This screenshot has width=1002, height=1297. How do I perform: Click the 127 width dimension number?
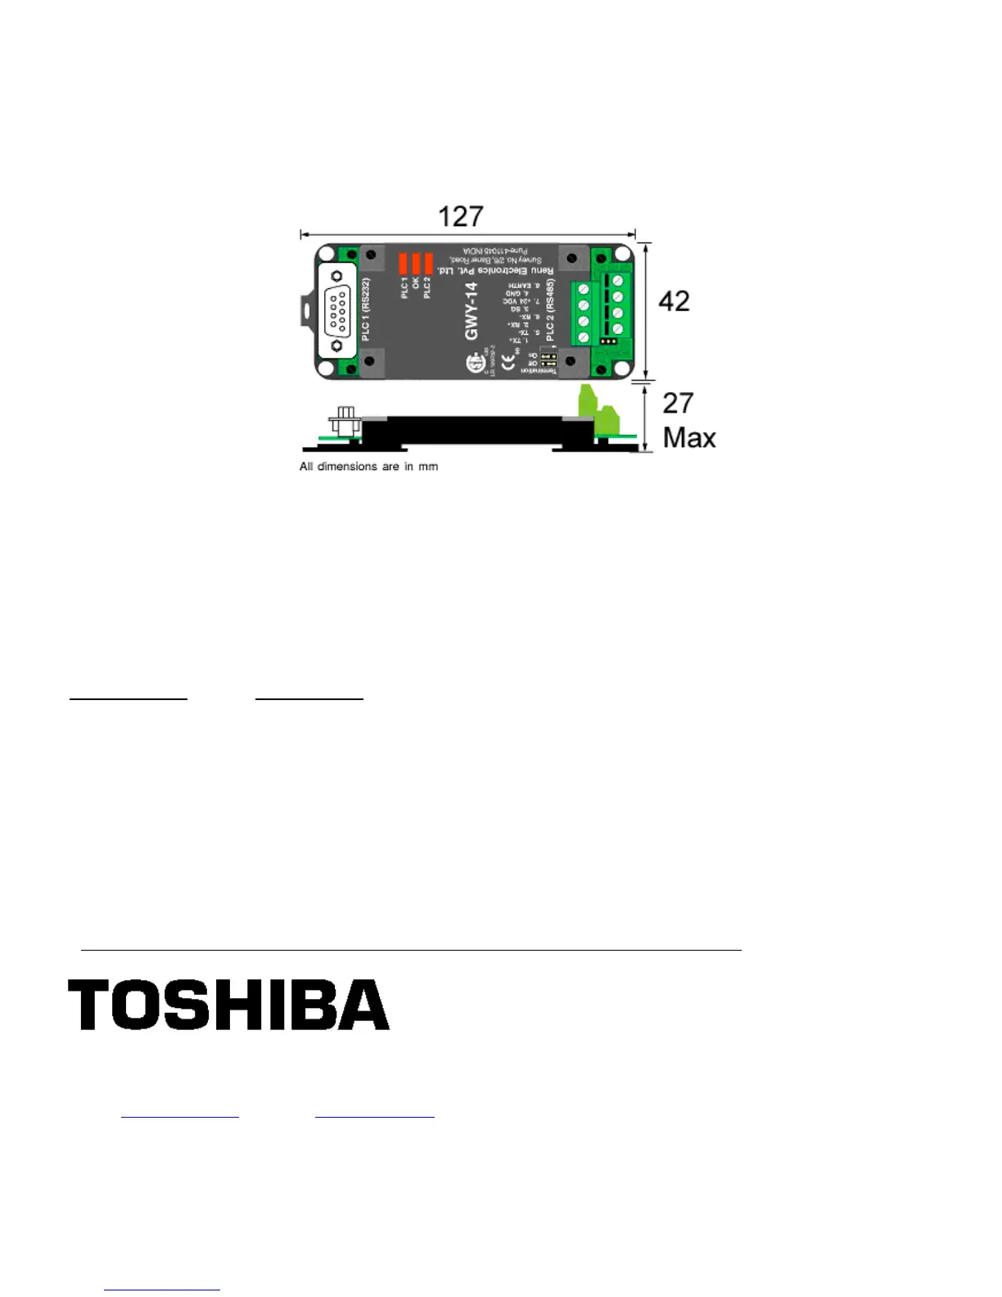(x=461, y=216)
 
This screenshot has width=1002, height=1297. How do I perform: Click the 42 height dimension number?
(x=674, y=301)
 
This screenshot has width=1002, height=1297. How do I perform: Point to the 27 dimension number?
(x=678, y=403)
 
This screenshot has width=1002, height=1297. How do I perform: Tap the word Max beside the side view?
(x=689, y=438)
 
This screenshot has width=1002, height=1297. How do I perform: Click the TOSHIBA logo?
(x=228, y=1005)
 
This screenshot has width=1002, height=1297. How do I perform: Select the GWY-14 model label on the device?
(x=472, y=311)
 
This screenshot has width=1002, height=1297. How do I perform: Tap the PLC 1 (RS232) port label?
(x=366, y=310)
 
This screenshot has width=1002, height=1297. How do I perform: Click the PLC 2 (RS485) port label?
(x=550, y=310)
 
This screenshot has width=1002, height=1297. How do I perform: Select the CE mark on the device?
(x=508, y=364)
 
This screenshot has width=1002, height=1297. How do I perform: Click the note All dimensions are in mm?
(x=368, y=467)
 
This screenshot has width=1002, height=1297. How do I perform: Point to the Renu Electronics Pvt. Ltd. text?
(x=495, y=269)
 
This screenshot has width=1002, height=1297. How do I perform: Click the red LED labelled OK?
(x=416, y=264)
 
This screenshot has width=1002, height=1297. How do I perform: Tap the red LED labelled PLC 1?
(x=404, y=264)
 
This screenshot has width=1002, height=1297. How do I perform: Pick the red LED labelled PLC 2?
(x=428, y=264)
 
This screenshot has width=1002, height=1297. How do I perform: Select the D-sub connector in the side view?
(x=345, y=424)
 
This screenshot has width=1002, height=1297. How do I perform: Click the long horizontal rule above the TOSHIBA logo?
(x=411, y=950)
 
